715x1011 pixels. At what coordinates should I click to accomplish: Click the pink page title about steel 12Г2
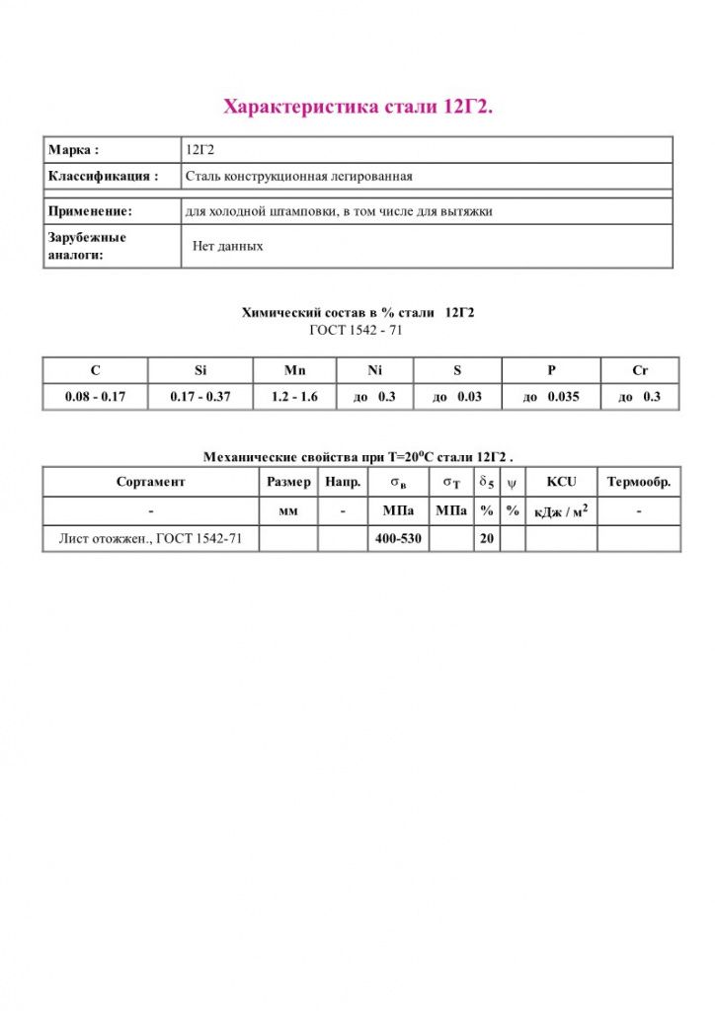coord(357,106)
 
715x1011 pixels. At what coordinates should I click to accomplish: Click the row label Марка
coord(74,150)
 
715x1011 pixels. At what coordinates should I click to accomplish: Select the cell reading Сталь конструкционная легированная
coord(298,177)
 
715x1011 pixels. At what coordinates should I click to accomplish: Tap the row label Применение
coord(90,211)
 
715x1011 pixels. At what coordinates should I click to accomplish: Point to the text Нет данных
coord(227,246)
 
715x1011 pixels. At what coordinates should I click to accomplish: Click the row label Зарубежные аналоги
coord(87,246)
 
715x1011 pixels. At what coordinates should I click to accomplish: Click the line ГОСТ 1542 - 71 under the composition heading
coord(357,330)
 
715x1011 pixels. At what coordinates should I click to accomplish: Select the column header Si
coord(200,370)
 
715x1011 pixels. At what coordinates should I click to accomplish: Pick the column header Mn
coord(294,370)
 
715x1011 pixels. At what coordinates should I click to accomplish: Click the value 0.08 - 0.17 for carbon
coord(95,397)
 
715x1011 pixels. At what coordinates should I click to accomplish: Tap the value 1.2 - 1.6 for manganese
coord(294,397)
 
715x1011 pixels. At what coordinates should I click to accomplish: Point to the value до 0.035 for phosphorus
coord(551,397)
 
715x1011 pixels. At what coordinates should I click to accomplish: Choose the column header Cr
coord(640,370)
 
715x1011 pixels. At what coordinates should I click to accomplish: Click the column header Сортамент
coord(150,483)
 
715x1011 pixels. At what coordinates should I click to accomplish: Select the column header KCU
coord(561,483)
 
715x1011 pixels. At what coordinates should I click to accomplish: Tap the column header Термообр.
coord(639,483)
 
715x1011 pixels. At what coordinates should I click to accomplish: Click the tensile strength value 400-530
coord(399,539)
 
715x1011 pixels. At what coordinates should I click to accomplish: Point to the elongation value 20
coord(486,539)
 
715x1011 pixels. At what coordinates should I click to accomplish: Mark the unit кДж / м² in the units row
coord(561,511)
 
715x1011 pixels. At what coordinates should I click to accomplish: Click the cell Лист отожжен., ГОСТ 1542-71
coord(151,539)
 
